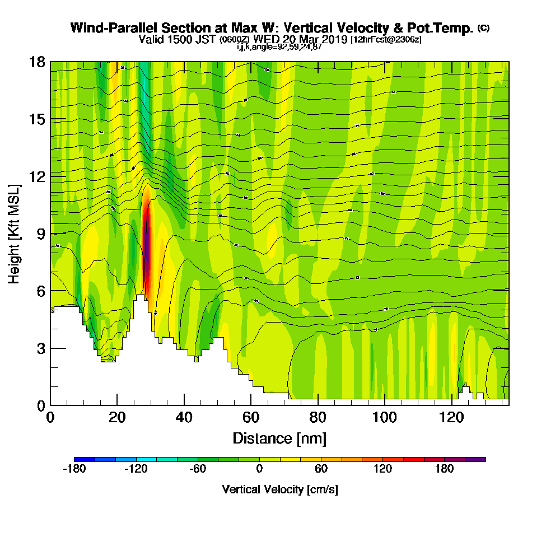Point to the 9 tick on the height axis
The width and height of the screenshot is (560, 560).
[50, 234]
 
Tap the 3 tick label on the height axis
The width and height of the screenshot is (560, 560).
[40, 348]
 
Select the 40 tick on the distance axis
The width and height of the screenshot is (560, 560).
[184, 405]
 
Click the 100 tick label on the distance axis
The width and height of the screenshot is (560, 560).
[385, 417]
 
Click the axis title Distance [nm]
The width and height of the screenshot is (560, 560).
[279, 438]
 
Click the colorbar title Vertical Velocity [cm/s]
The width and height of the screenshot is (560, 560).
[280, 489]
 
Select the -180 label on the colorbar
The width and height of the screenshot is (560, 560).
[74, 469]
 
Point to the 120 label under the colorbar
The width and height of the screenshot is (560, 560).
[382, 469]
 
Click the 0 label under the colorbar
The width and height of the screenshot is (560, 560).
[259, 469]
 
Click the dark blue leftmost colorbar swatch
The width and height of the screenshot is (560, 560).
[84, 459]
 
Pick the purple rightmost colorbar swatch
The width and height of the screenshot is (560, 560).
[475, 459]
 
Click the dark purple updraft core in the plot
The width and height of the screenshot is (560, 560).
[147, 246]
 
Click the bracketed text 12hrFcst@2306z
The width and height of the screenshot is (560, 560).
[386, 40]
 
